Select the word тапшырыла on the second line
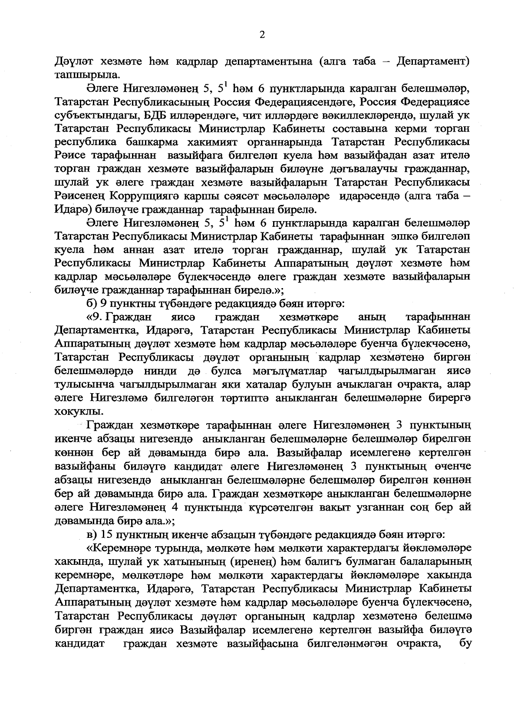tap(81, 75)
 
